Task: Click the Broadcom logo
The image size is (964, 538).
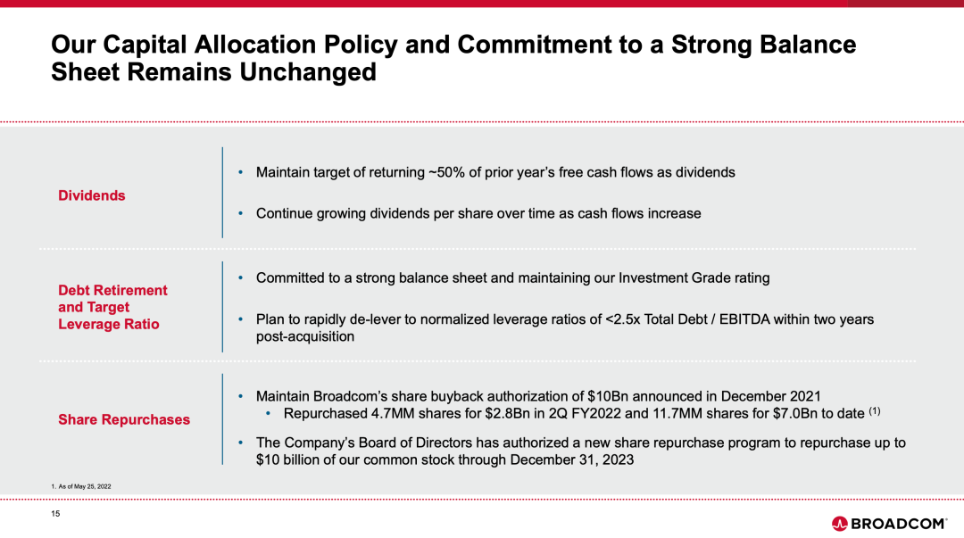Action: click(x=889, y=523)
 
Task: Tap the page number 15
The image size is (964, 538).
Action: click(x=55, y=513)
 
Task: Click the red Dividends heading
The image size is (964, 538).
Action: click(x=92, y=195)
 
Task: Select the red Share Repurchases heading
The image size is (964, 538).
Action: click(x=124, y=419)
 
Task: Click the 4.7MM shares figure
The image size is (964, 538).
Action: click(x=392, y=413)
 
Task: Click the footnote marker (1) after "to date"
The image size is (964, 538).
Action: click(x=874, y=410)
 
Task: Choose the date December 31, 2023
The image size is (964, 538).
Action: click(x=572, y=459)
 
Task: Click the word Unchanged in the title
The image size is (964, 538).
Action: click(x=308, y=72)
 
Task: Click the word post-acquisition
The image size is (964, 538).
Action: click(x=305, y=336)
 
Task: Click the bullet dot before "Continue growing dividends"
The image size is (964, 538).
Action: click(x=240, y=213)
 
